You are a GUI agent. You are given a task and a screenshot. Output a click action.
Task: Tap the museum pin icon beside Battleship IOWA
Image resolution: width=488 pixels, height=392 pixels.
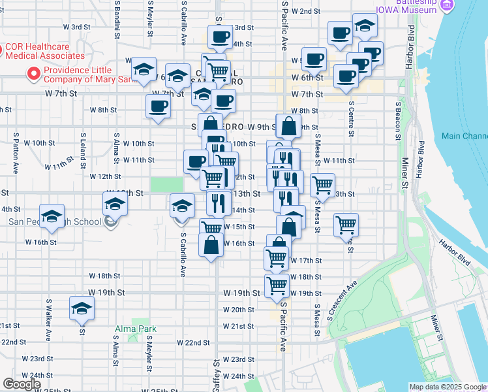click(x=446, y=5)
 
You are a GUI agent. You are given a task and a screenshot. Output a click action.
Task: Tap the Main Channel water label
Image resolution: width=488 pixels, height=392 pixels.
click(x=464, y=136)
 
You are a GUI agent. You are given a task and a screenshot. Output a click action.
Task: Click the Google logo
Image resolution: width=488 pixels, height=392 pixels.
click(x=22, y=384)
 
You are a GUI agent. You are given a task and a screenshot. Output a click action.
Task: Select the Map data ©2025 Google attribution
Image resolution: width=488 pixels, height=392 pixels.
click(x=447, y=387)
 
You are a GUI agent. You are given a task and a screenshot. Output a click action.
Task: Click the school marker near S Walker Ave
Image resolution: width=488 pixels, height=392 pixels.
click(x=82, y=308)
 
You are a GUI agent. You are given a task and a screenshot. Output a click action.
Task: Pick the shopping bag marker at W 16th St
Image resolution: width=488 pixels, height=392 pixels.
click(x=211, y=246)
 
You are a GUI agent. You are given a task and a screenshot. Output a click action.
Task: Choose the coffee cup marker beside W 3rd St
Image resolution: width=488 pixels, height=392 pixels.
click(x=221, y=37)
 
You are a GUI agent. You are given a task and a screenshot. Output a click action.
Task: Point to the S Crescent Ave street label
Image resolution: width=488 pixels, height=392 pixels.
click(x=344, y=298)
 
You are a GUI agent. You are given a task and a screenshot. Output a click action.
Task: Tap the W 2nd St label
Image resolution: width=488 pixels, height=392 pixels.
click(x=306, y=11)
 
